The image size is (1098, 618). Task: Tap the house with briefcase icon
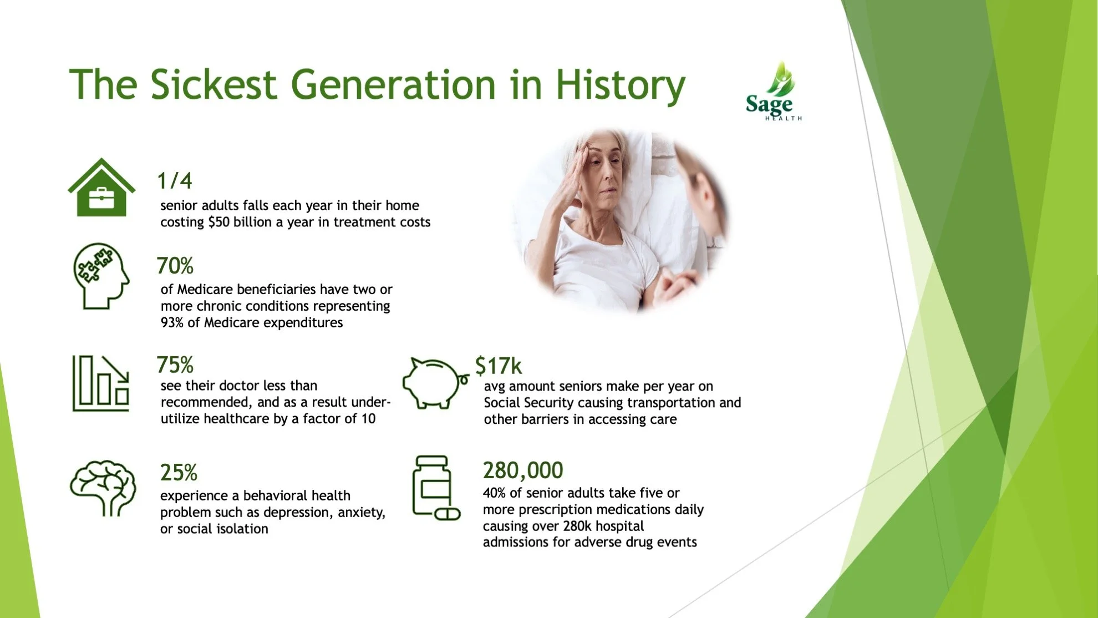coord(101,188)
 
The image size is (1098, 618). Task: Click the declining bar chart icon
coord(101,383)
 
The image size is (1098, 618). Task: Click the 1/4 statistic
coord(174,181)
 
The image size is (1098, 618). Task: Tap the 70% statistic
coord(175,266)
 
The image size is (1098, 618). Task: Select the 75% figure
coord(175,365)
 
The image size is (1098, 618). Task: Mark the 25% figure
coord(179,473)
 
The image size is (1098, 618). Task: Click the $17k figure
coord(498,366)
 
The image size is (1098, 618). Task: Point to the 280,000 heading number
coord(523,470)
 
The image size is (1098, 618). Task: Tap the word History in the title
coord(621,85)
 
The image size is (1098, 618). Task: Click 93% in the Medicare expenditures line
coord(172,322)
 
